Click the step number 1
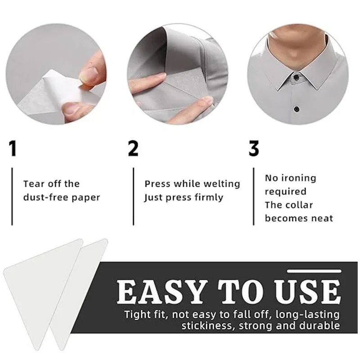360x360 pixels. coord(13,148)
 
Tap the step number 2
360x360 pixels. coord(133,148)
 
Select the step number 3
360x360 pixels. coord(254,148)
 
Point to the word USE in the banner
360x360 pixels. coord(308,292)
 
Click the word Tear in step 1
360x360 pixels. coord(33,184)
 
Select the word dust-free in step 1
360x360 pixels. coord(45,197)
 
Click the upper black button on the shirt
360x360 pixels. coord(297,76)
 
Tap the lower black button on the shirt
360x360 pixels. coord(297,108)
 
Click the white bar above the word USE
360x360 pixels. coord(314,271)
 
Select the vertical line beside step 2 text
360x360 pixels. coord(133,196)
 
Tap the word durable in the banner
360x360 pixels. coord(320,326)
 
